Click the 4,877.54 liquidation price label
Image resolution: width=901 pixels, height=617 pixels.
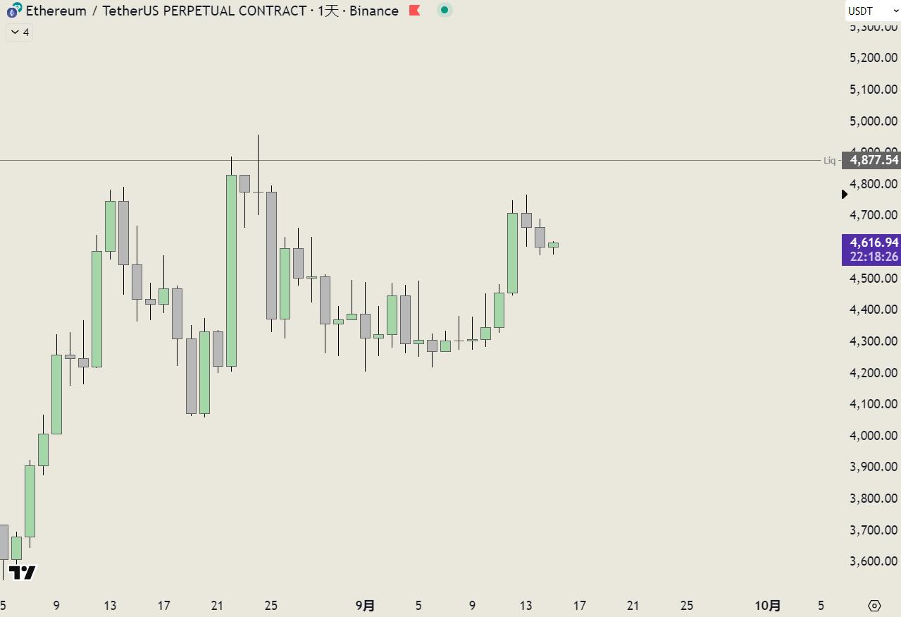874,160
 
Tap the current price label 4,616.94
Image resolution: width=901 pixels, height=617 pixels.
874,243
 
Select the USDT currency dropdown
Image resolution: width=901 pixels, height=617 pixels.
872,11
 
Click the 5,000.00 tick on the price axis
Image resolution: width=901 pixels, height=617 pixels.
874,121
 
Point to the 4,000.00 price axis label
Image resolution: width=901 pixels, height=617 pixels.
874,436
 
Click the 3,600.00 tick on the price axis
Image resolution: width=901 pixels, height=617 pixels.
874,561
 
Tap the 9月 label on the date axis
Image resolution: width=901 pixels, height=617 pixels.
365,606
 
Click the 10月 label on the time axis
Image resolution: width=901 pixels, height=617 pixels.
768,606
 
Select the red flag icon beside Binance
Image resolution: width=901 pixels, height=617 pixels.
415,11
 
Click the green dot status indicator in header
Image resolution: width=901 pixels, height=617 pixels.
444,11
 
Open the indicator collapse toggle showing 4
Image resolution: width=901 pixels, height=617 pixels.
20,32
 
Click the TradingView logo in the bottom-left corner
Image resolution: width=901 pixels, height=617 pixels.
23,573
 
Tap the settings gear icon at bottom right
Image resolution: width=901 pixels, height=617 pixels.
875,606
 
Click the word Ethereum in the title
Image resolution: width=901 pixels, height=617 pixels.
56,11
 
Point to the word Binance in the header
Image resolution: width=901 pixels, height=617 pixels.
373,11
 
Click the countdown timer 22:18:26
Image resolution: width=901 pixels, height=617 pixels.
874,257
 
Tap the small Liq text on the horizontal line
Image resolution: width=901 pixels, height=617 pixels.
830,161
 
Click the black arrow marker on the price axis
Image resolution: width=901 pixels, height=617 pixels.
845,194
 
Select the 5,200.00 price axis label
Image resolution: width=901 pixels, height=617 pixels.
874,58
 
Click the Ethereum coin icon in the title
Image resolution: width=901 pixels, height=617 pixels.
13,11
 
